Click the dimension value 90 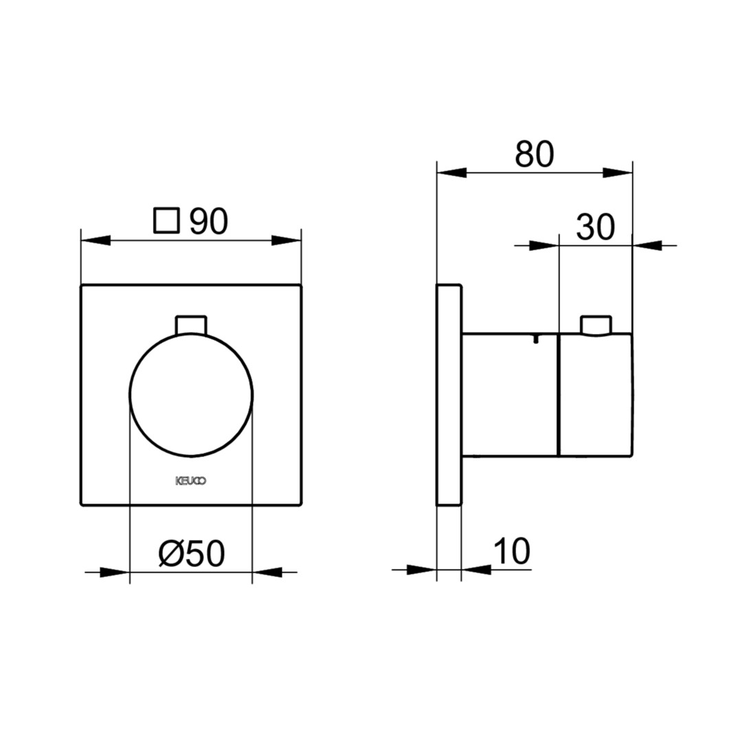(x=209, y=221)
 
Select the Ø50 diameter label (x=192, y=554)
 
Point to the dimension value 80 (x=535, y=155)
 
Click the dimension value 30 (x=595, y=227)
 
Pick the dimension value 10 (x=512, y=551)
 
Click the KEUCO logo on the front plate (x=191, y=481)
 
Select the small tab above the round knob (x=191, y=324)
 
